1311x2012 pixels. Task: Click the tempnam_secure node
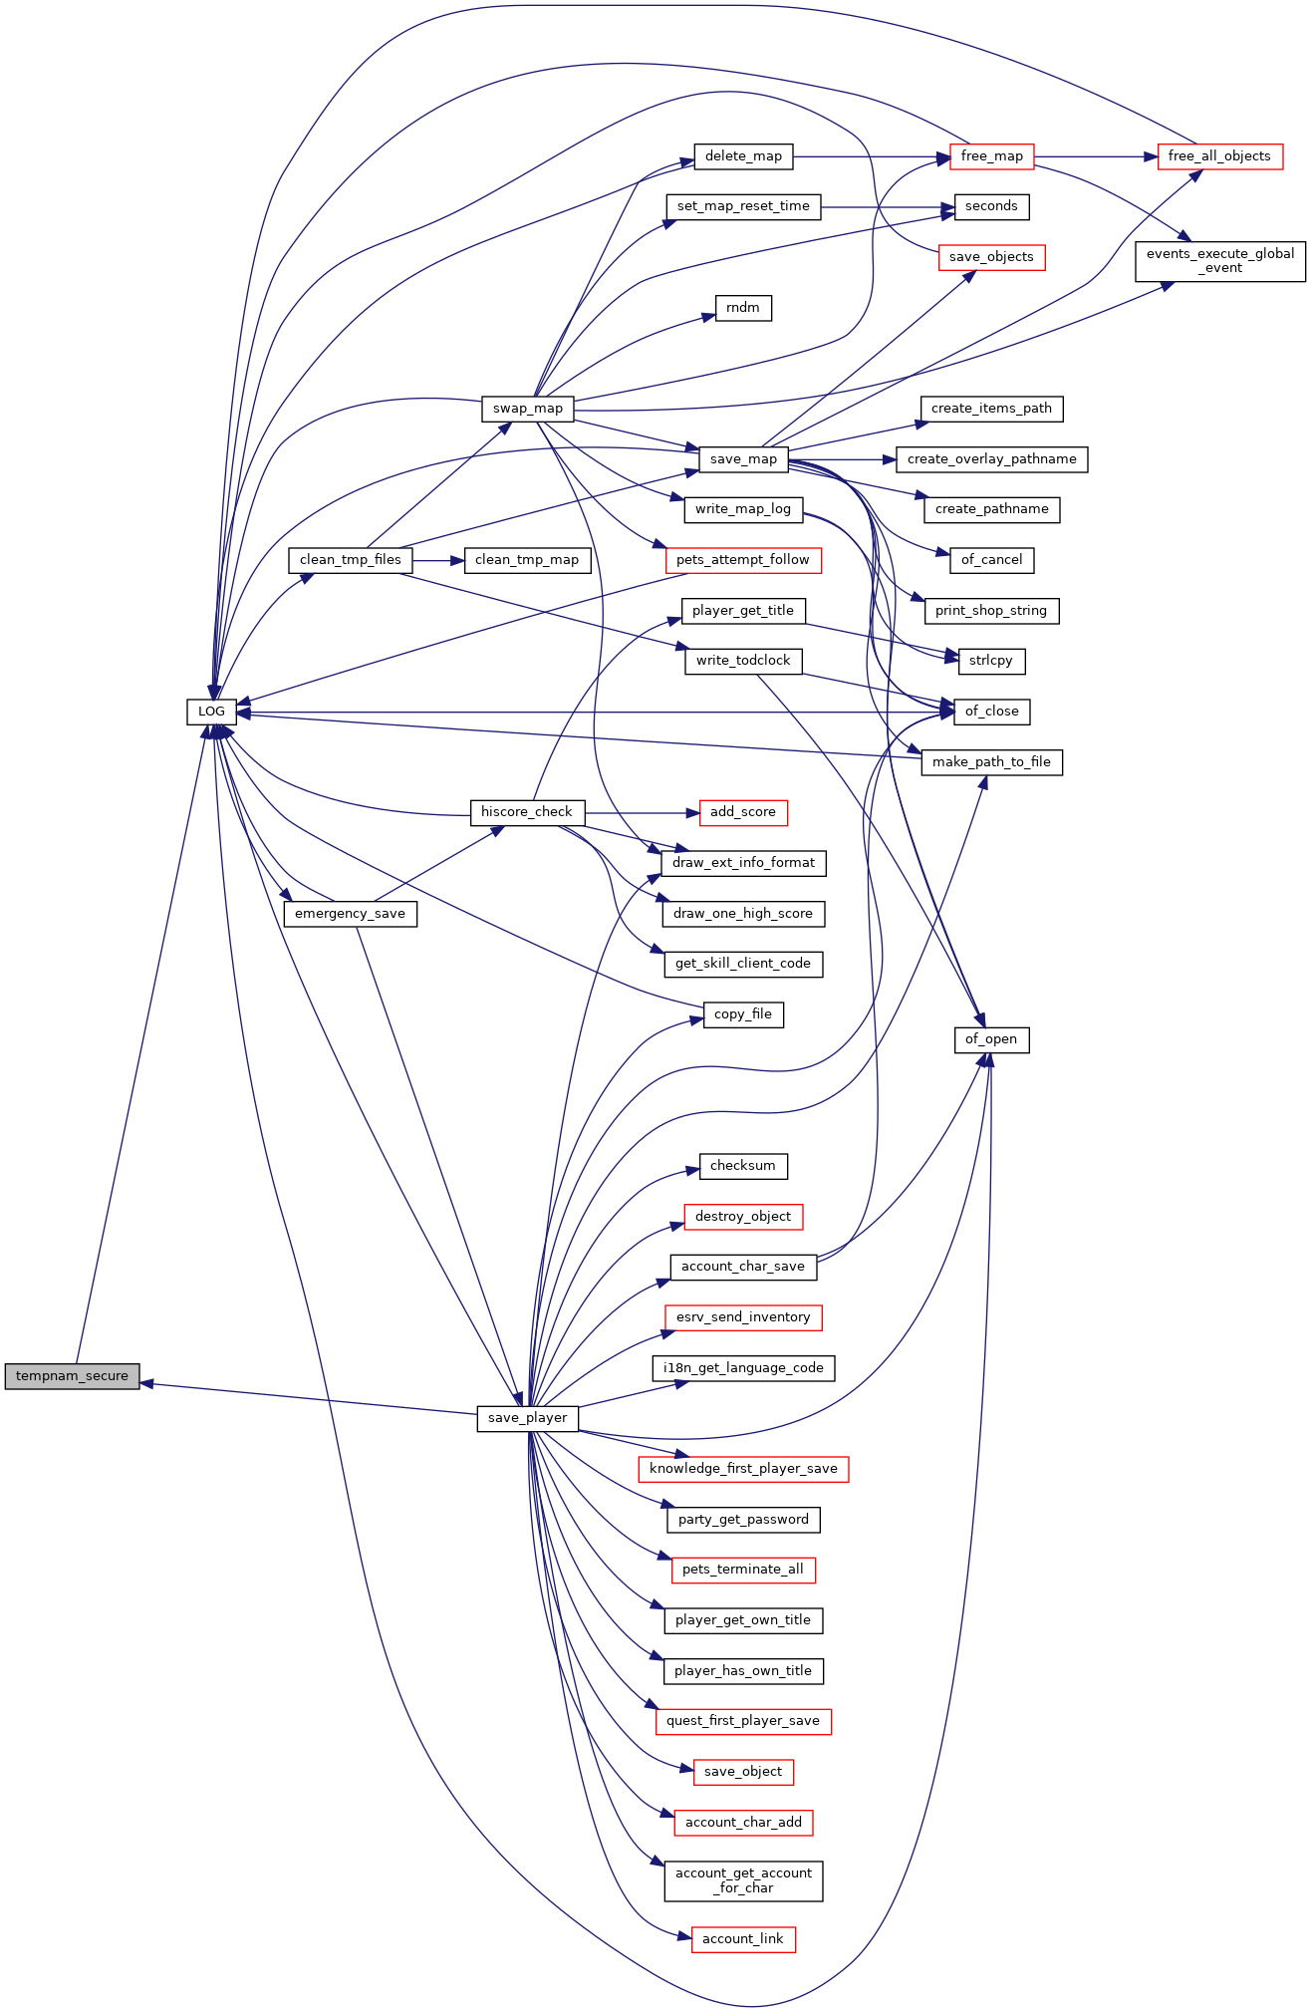click(x=72, y=1376)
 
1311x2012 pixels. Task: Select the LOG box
click(x=211, y=712)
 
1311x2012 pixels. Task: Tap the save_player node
click(x=527, y=1418)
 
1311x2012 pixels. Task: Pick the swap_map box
click(x=527, y=409)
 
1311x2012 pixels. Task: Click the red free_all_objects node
click(x=1219, y=156)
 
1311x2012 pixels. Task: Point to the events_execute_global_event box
click(x=1220, y=261)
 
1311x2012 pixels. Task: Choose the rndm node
click(x=743, y=308)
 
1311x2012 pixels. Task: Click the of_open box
click(x=991, y=1039)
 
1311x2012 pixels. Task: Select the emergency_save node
click(x=350, y=914)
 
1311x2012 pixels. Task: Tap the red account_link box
click(x=743, y=1939)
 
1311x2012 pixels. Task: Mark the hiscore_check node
click(x=527, y=812)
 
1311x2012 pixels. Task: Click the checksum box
click(x=743, y=1166)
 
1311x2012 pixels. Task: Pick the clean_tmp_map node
click(x=527, y=560)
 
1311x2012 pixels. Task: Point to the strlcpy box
click(x=991, y=661)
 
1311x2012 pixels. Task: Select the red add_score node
click(x=743, y=812)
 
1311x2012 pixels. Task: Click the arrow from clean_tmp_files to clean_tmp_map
click(x=438, y=560)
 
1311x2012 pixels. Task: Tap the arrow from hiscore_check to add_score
click(x=642, y=812)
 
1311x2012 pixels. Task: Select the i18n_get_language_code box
click(x=743, y=1368)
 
